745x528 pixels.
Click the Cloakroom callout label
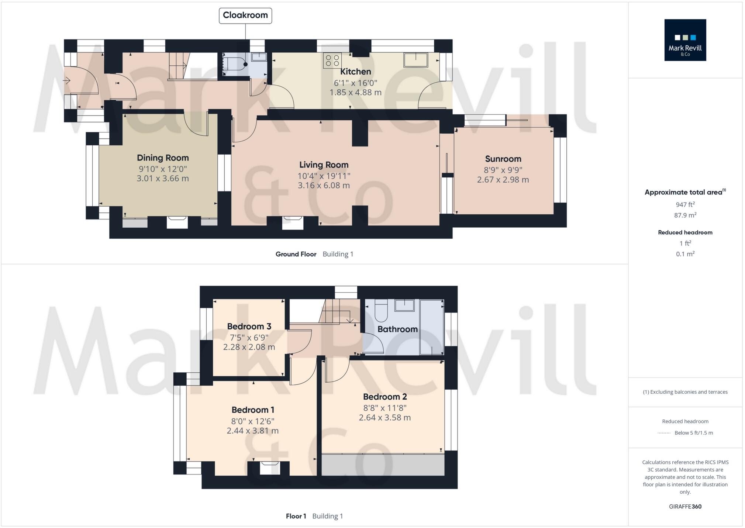point(245,15)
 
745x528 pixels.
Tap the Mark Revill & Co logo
point(685,40)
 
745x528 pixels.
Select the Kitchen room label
point(355,72)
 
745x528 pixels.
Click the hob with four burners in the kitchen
point(332,61)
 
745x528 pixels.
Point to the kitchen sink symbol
point(415,60)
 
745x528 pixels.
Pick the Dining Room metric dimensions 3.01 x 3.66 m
point(163,179)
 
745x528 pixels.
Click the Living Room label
point(324,165)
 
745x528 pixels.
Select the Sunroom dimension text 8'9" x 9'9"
point(503,170)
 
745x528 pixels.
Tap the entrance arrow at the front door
point(67,80)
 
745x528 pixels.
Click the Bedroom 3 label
point(249,327)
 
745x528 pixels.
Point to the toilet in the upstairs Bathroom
point(381,311)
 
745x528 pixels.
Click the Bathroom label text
point(397,329)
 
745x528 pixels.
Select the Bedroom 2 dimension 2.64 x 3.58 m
point(384,418)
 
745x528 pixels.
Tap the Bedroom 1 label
point(253,410)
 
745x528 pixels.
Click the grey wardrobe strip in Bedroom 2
point(383,465)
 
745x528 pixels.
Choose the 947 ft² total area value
point(685,204)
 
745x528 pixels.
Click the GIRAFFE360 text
point(685,507)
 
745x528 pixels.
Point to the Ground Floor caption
point(296,254)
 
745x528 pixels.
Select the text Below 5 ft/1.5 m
point(693,433)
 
